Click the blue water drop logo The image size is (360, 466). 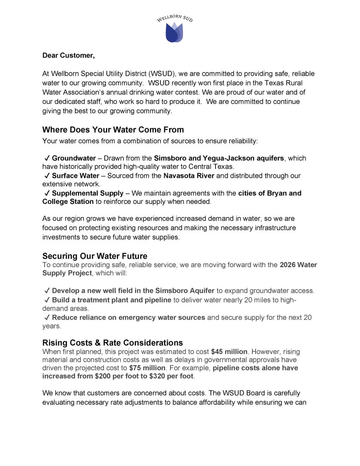coord(174,33)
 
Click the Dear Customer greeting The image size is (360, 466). coord(68,55)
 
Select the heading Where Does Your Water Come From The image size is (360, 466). coord(113,130)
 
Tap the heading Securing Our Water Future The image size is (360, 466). coord(95,256)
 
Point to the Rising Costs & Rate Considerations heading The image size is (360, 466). coord(113,343)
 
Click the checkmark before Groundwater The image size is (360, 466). coord(47,158)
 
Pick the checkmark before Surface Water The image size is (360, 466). coord(47,176)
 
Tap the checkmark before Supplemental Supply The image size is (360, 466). coord(47,193)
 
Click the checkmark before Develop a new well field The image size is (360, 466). coord(47,291)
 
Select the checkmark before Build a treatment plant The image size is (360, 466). coord(47,300)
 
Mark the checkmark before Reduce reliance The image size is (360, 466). coord(47,318)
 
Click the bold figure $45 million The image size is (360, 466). coord(229,352)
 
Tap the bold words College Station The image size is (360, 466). coord(68,202)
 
